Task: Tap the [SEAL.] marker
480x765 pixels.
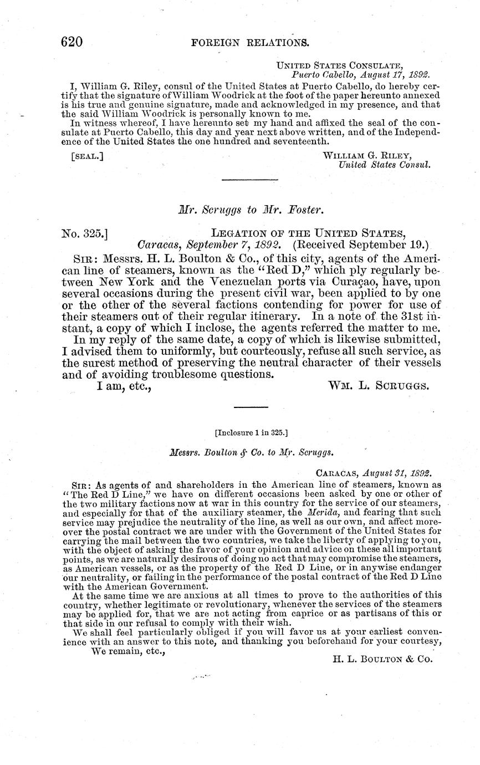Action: [87, 156]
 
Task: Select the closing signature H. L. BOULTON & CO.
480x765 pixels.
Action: [382, 659]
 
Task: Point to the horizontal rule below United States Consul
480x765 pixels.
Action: [249, 179]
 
